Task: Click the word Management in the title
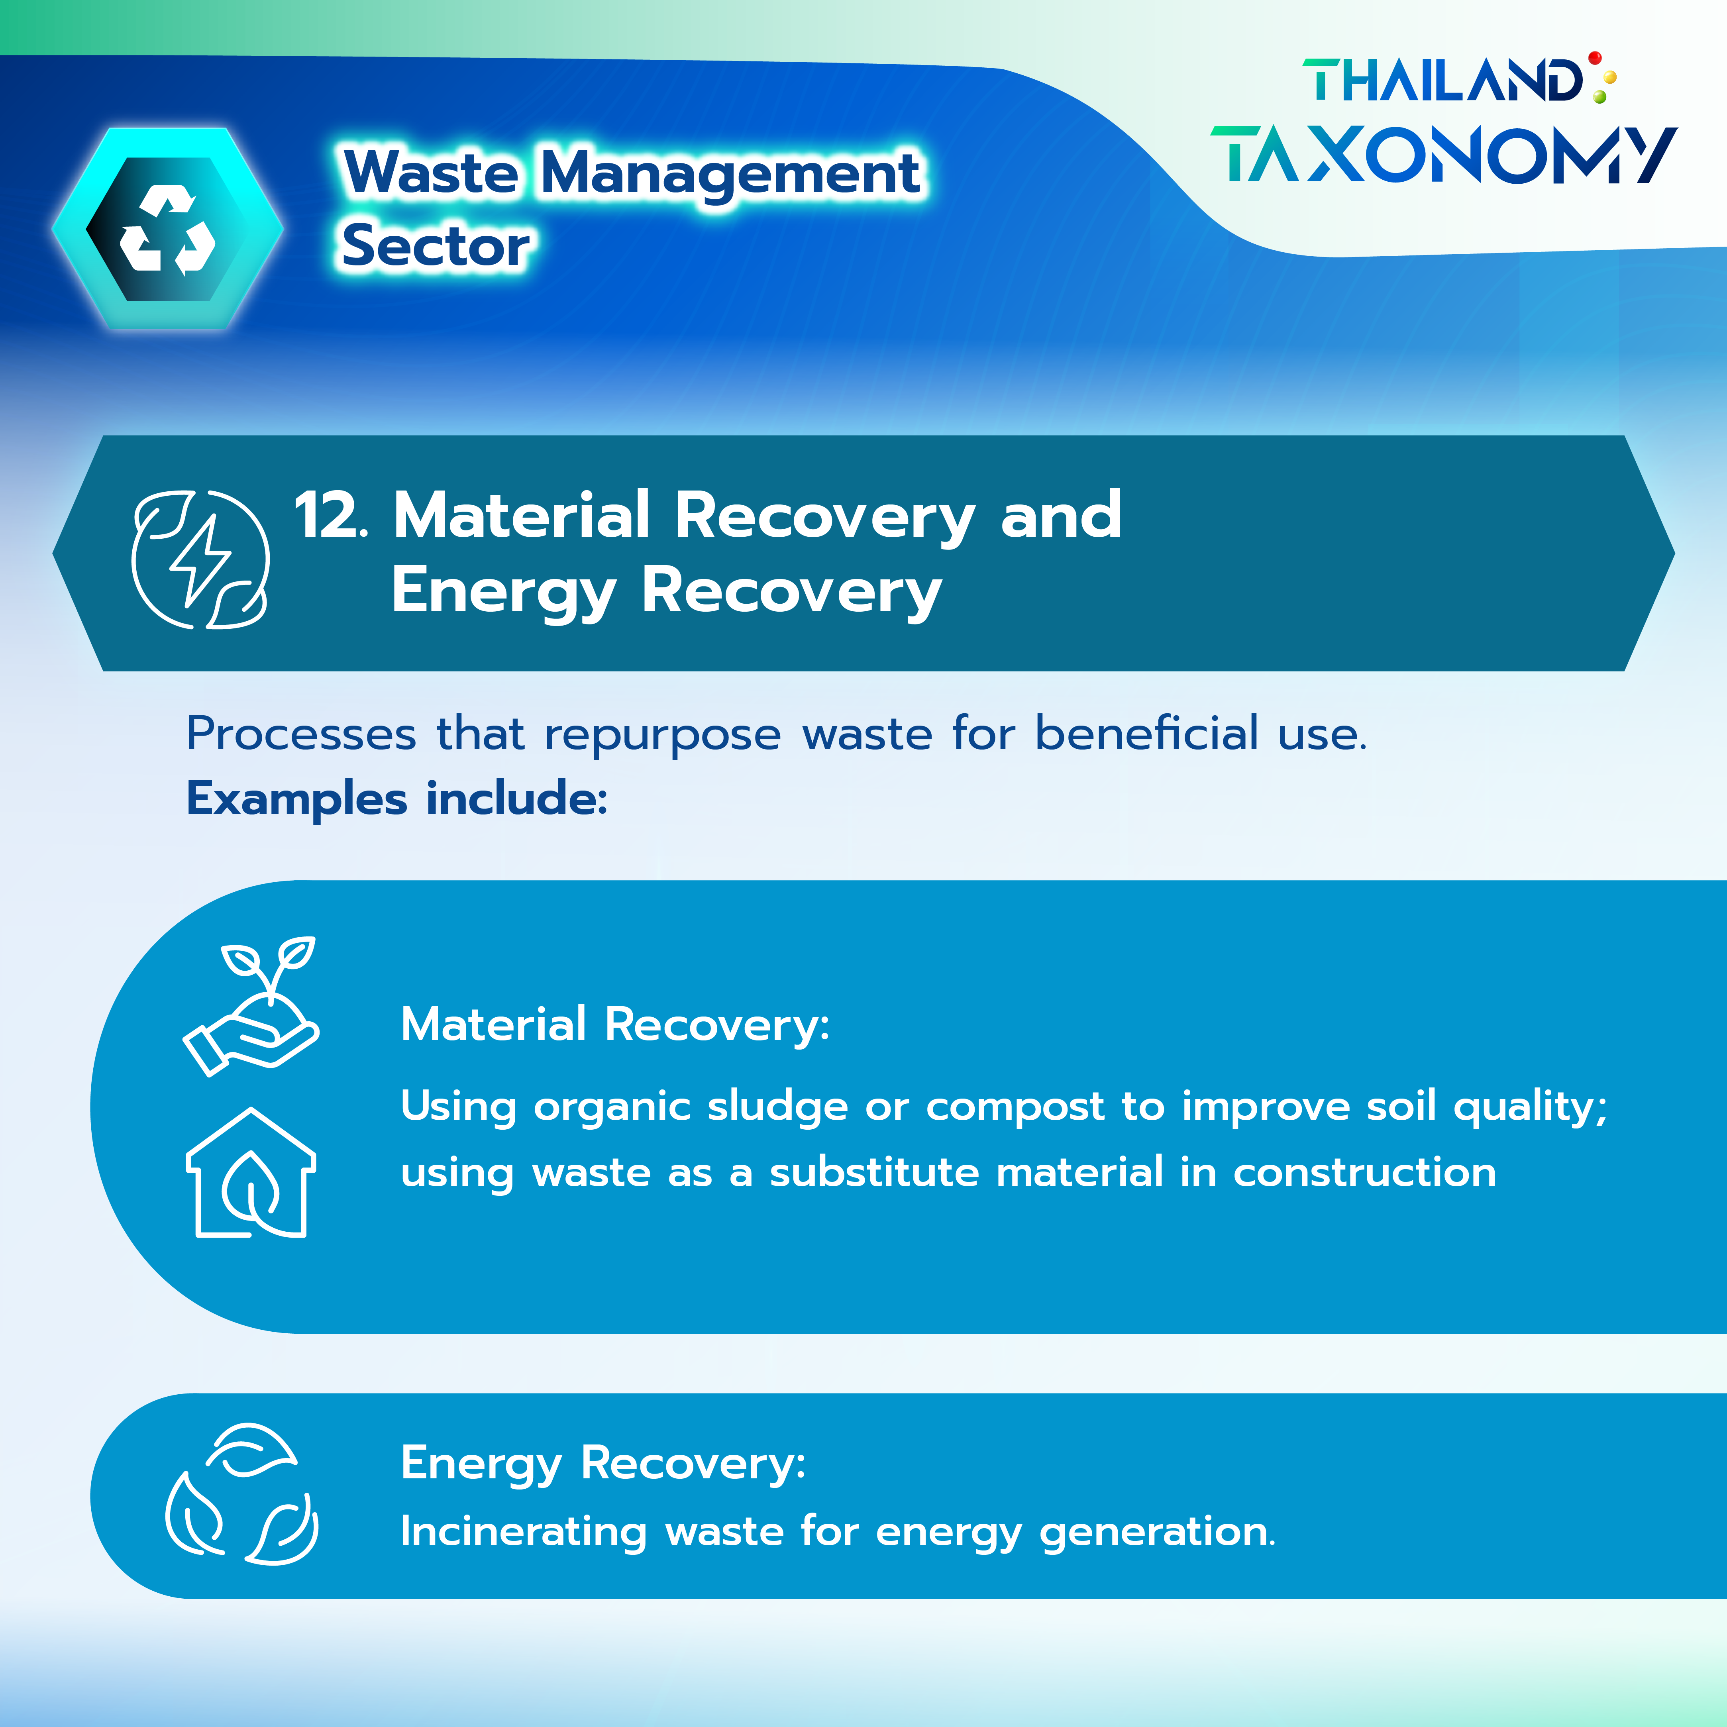pos(730,173)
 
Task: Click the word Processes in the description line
pos(301,735)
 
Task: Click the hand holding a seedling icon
pos(251,1007)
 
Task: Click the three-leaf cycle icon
pos(241,1495)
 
